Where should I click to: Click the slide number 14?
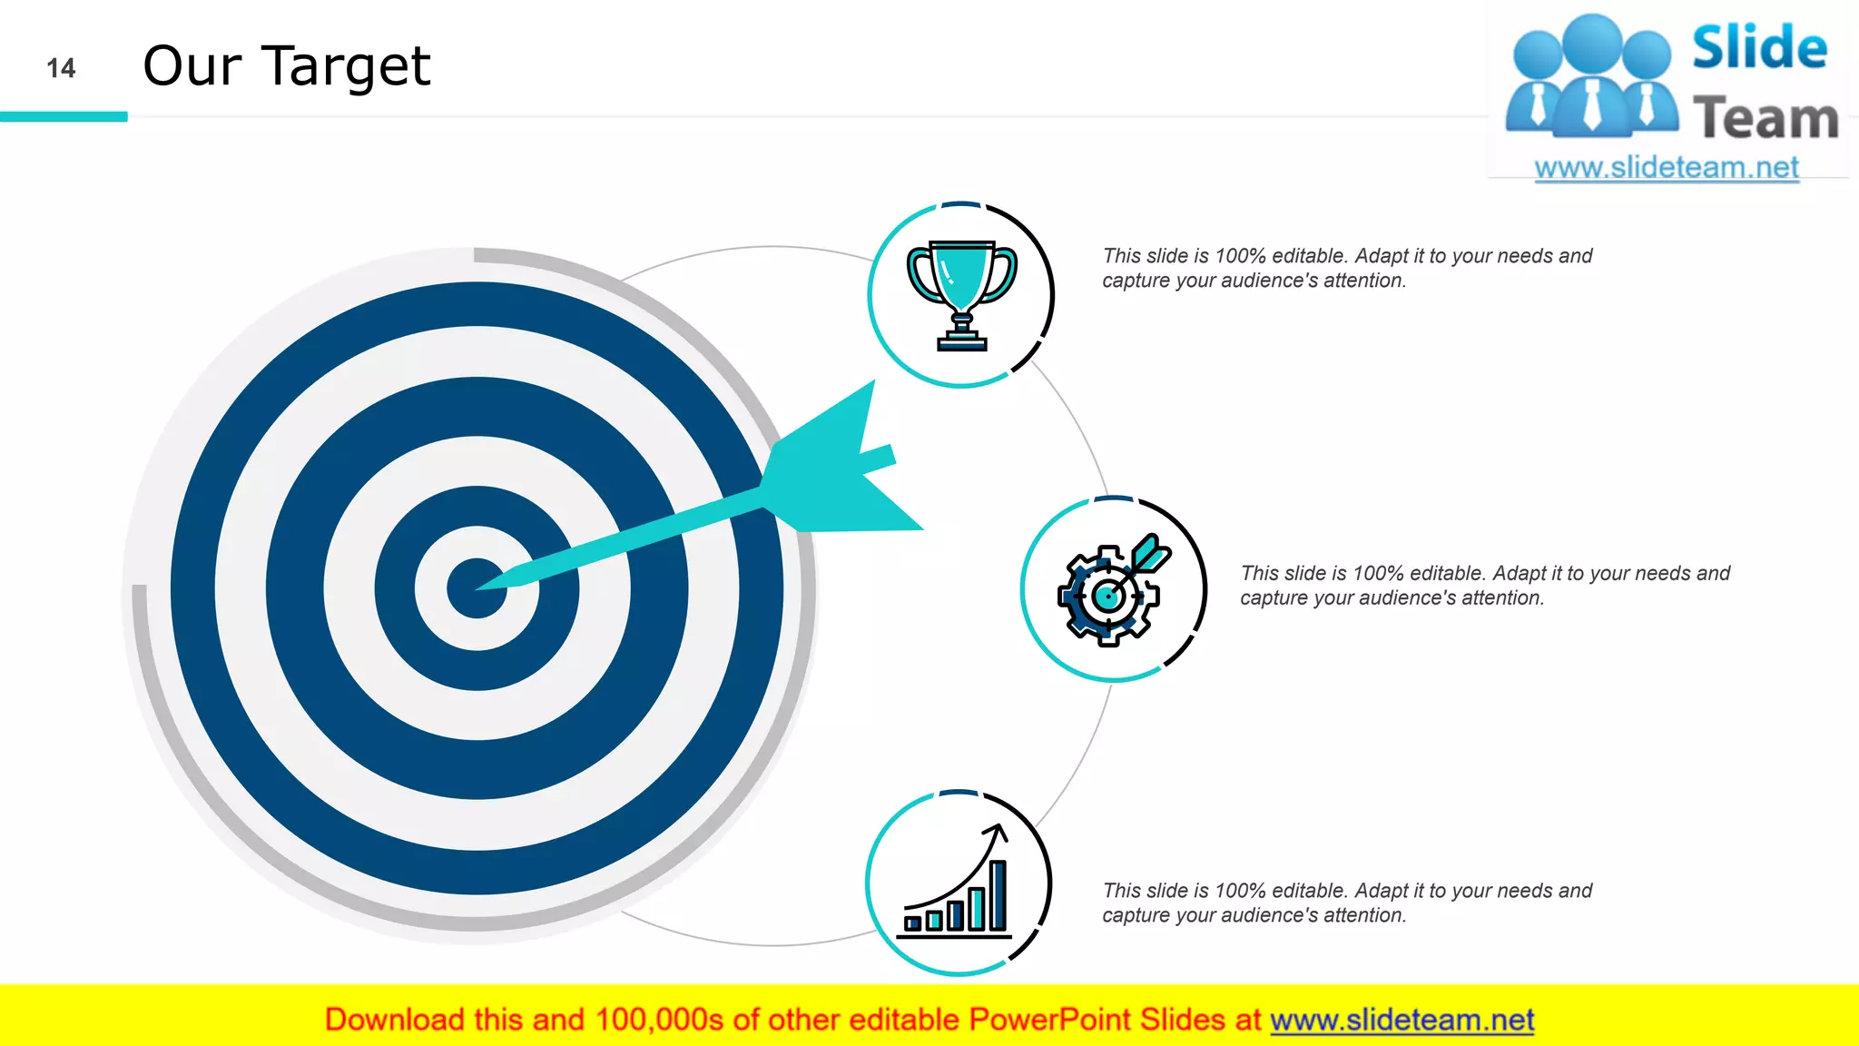point(61,68)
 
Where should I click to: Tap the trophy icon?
point(961,294)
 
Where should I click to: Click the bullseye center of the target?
point(476,588)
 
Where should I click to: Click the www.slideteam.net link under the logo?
point(1666,168)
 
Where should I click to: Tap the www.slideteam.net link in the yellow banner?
point(1402,1020)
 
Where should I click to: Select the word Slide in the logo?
point(1759,47)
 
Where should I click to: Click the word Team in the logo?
point(1765,118)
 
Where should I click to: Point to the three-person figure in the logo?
point(1591,77)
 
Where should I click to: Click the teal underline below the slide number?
point(64,116)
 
